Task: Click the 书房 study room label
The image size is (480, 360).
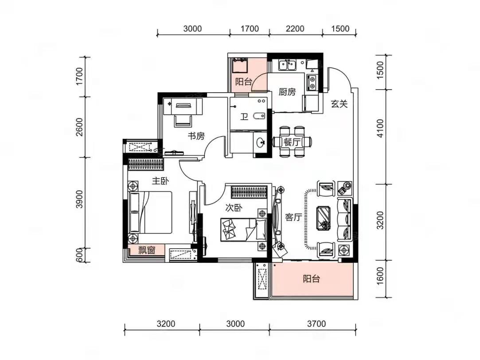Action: [x=196, y=136]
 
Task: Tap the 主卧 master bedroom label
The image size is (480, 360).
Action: [x=160, y=181]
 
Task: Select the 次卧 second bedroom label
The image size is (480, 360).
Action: [x=234, y=208]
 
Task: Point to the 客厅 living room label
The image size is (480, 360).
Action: [x=293, y=217]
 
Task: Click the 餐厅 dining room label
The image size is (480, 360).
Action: [x=292, y=142]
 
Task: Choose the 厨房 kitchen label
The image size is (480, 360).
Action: [x=287, y=92]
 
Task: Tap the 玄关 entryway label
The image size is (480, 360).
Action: [x=339, y=104]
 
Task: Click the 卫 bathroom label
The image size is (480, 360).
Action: [x=244, y=117]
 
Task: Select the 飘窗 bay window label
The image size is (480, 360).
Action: [x=147, y=250]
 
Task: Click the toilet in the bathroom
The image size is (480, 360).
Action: [x=259, y=116]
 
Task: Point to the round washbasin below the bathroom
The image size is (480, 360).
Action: [x=261, y=142]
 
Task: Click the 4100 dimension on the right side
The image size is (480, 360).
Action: [x=380, y=129]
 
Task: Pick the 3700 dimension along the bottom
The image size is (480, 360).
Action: [x=316, y=324]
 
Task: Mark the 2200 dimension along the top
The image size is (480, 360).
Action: [x=295, y=29]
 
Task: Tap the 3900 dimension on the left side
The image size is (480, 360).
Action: [x=79, y=200]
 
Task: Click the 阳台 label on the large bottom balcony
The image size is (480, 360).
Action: [x=311, y=279]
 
